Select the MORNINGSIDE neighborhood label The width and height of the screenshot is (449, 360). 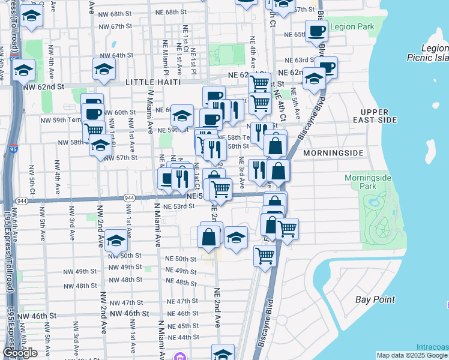point(333,153)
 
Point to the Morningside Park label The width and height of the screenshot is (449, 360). point(368,182)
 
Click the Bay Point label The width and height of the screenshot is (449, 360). point(375,299)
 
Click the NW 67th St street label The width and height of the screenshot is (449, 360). point(115,26)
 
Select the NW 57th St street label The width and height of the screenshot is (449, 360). point(121,158)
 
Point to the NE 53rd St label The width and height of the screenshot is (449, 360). point(179,206)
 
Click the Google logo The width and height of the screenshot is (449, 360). point(20,353)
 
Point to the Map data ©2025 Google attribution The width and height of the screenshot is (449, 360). point(412,355)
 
